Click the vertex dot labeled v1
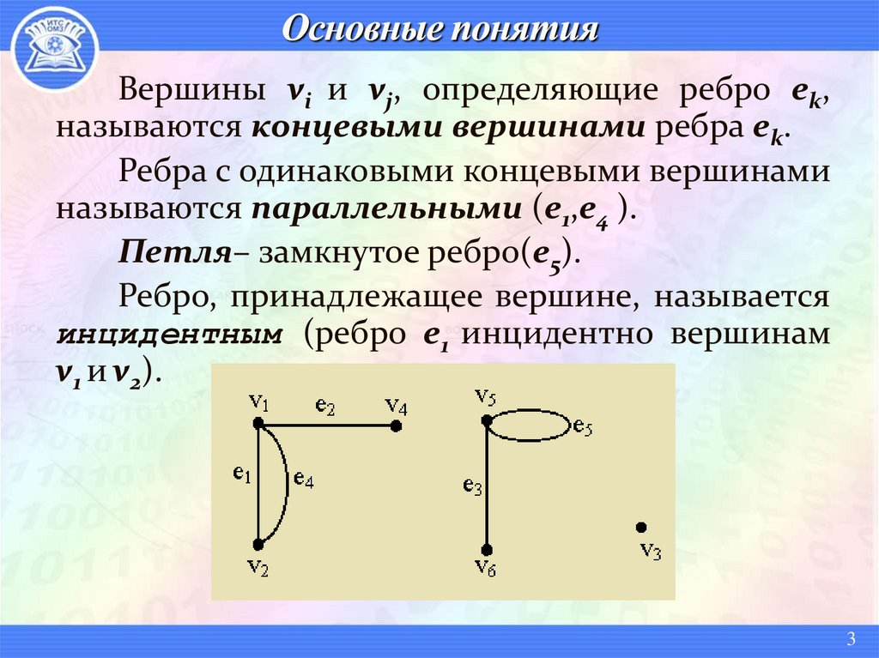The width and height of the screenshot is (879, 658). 258,423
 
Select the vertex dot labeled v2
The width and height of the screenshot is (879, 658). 258,545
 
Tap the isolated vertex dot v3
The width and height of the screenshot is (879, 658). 640,528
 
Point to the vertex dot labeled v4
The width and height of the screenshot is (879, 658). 395,424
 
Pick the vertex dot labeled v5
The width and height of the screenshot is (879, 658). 487,420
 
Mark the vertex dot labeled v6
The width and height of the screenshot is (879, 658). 487,549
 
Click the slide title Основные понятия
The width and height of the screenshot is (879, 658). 439,31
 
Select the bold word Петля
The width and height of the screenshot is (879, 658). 176,252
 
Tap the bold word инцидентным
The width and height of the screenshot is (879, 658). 169,335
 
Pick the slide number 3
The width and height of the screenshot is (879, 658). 851,637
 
